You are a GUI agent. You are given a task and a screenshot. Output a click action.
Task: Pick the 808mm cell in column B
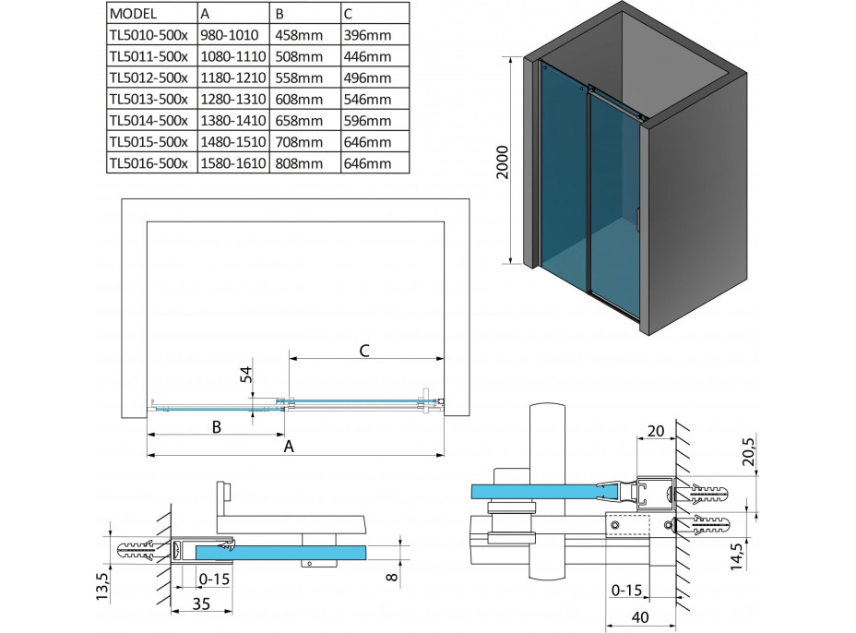(297, 163)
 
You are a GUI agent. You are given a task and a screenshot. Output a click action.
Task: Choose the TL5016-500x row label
(148, 163)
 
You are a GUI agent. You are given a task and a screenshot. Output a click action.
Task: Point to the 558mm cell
(297, 78)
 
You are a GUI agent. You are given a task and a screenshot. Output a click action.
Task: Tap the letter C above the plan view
(364, 350)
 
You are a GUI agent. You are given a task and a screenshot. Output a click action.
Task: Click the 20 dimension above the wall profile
(655, 431)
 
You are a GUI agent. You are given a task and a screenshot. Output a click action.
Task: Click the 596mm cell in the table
(363, 121)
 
